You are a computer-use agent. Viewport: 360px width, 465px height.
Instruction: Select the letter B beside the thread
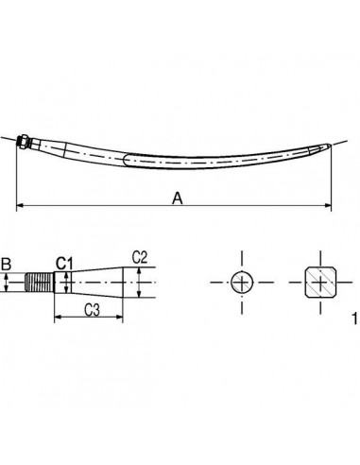(7, 265)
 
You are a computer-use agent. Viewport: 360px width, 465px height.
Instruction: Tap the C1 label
(63, 262)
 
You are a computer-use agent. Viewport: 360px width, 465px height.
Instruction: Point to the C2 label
(138, 256)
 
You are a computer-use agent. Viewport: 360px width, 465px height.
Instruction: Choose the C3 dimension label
(92, 309)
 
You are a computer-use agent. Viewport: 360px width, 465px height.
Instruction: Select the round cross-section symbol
(242, 282)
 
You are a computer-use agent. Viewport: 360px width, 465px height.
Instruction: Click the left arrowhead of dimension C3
(56, 319)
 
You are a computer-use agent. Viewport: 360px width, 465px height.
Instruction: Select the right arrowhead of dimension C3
(127, 319)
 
